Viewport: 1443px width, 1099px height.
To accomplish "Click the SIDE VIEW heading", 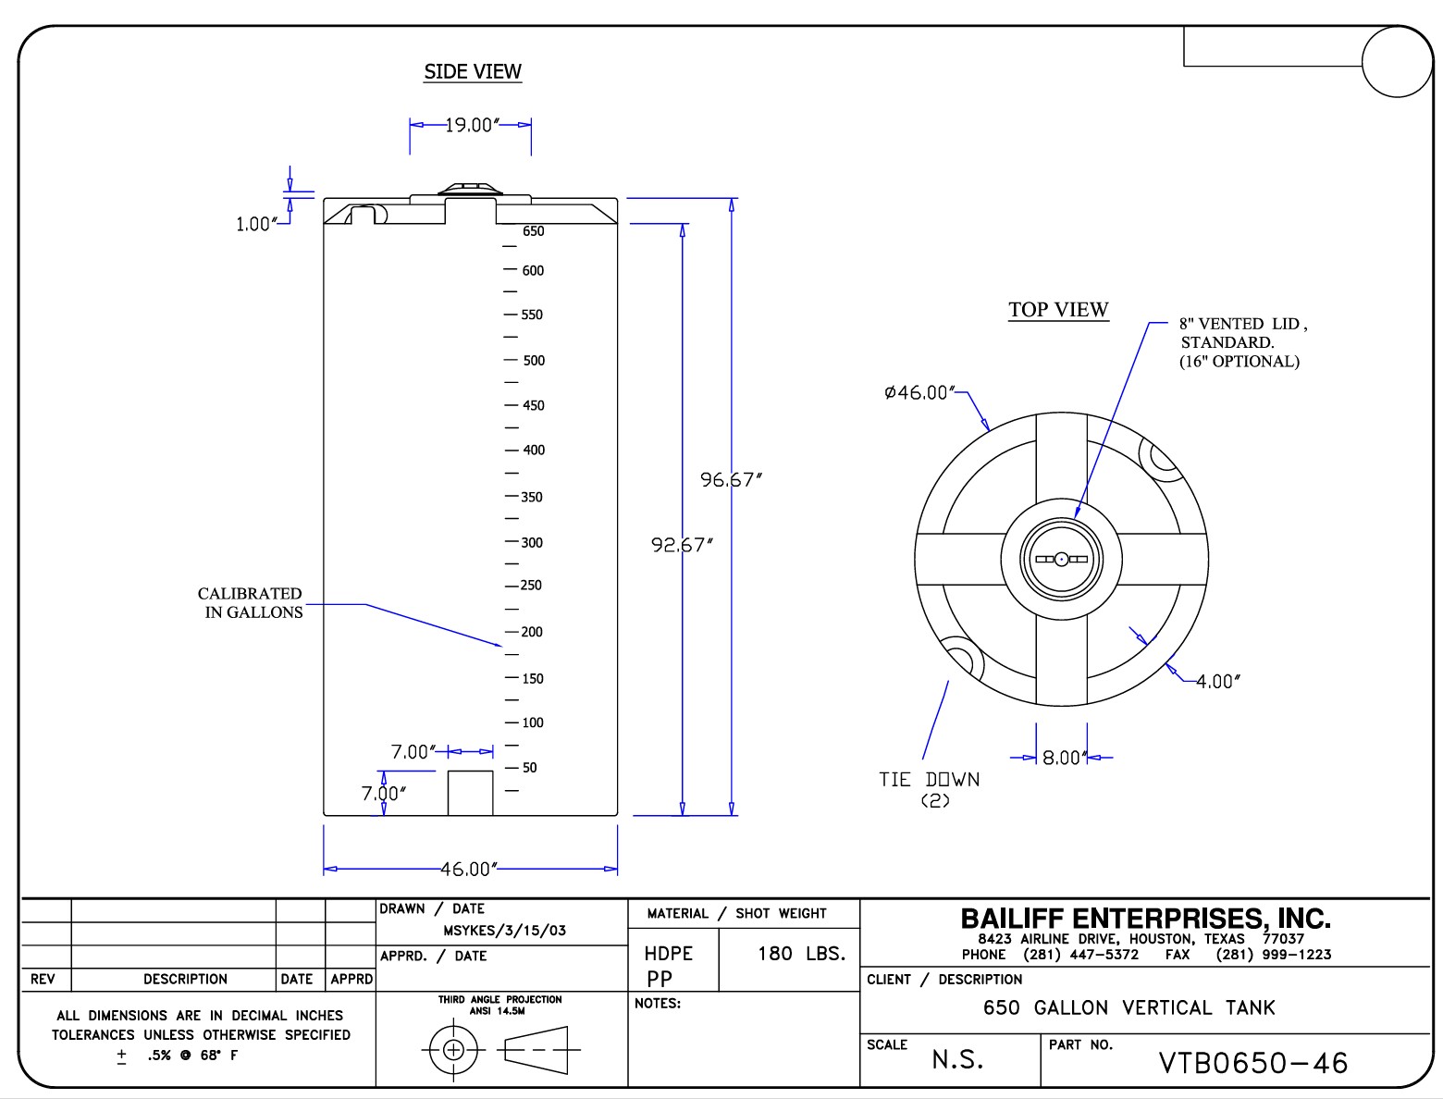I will pyautogui.click(x=473, y=71).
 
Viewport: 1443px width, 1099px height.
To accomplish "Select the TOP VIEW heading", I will pyautogui.click(x=1058, y=310).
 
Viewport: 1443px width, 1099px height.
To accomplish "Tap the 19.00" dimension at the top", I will pyautogui.click(x=470, y=125).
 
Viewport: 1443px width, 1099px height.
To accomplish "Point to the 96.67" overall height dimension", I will pyautogui.click(x=731, y=479).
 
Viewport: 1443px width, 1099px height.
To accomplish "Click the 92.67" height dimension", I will pyautogui.click(x=682, y=545).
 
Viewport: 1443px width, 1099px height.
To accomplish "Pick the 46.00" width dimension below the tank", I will pyautogui.click(x=469, y=869).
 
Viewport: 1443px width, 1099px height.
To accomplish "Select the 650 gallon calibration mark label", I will pyautogui.click(x=534, y=231).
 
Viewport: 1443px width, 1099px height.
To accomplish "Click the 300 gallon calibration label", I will pyautogui.click(x=532, y=542).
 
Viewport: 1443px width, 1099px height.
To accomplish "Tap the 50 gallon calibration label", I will pyautogui.click(x=530, y=767).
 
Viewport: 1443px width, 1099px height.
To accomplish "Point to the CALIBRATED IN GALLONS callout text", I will pyautogui.click(x=250, y=602).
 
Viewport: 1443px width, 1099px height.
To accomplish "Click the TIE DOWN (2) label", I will pyautogui.click(x=929, y=789).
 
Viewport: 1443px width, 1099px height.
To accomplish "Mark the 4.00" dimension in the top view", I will pyautogui.click(x=1217, y=682).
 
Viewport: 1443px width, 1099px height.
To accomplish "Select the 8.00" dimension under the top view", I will pyautogui.click(x=1062, y=758).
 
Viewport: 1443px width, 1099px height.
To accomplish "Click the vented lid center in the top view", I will pyautogui.click(x=1061, y=559).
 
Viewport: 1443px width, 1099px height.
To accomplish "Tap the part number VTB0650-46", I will pyautogui.click(x=1253, y=1063).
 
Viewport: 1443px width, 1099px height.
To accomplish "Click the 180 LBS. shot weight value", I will pyautogui.click(x=801, y=953).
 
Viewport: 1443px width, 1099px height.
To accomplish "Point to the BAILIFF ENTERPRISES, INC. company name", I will pyautogui.click(x=1145, y=919).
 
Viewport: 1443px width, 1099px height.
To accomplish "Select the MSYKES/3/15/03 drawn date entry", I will pyautogui.click(x=504, y=931).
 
